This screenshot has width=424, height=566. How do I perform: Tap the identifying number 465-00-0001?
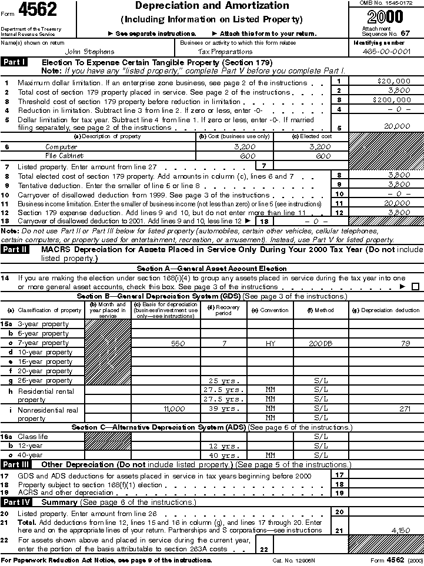(387, 52)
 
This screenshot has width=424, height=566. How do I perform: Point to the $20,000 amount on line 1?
(393, 81)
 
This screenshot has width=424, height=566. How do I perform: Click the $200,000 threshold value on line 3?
(390, 100)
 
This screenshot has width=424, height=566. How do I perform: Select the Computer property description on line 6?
(61, 147)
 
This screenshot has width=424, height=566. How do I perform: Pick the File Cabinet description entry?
(65, 156)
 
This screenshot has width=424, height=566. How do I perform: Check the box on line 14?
(416, 287)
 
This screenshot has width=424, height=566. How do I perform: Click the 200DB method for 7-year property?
(320, 343)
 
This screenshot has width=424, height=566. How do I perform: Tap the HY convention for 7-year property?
(270, 343)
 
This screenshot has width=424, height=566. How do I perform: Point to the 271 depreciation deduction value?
(405, 408)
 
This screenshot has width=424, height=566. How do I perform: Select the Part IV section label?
(15, 503)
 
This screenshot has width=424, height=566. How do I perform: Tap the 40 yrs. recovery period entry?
(223, 456)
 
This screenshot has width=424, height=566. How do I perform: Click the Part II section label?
(15, 250)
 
